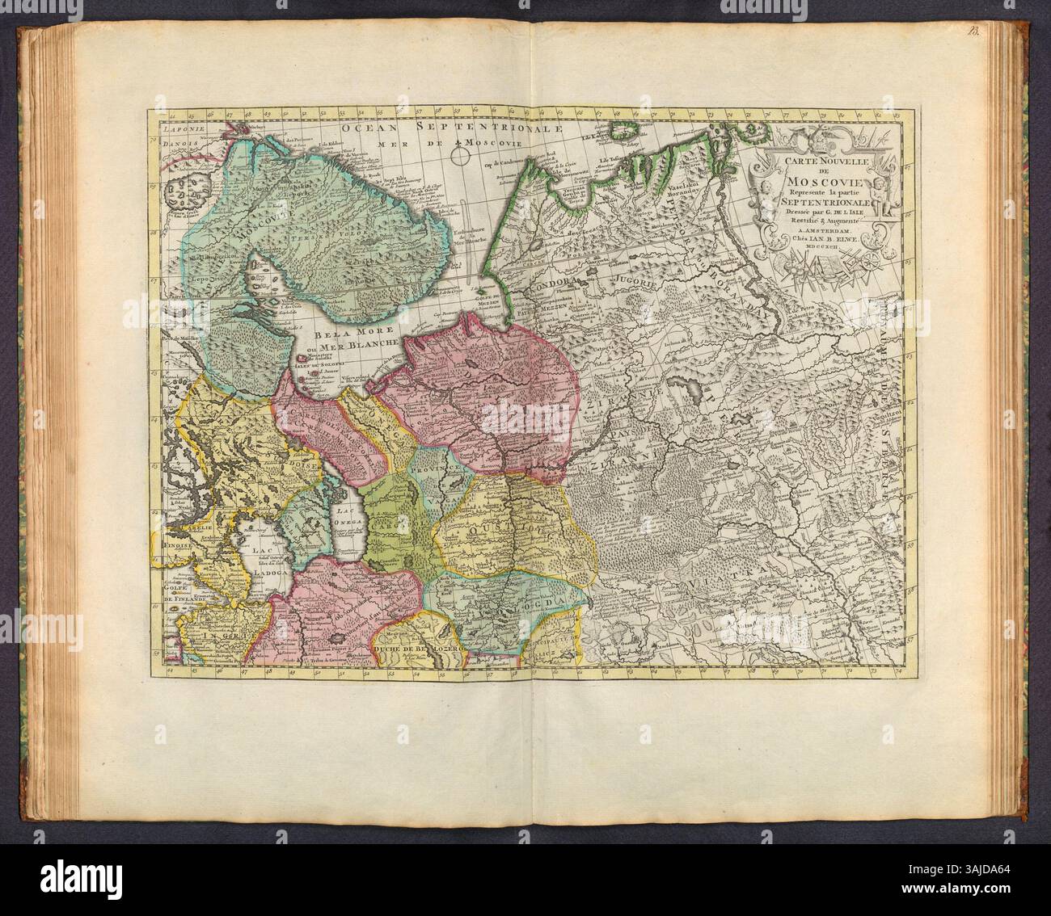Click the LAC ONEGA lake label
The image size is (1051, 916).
[x=347, y=527]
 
